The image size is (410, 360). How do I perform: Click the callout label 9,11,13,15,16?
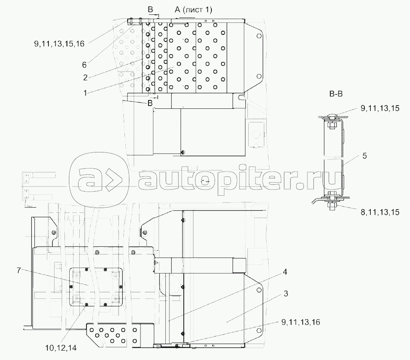click(59, 43)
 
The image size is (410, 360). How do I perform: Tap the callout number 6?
click(84, 65)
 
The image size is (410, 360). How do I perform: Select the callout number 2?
click(85, 78)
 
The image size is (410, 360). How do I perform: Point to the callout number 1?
click(85, 93)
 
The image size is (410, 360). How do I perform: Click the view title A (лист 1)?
click(193, 10)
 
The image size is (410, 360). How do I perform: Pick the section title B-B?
click(336, 94)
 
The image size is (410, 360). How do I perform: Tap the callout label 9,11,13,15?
click(380, 108)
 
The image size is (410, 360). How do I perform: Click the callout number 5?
click(364, 156)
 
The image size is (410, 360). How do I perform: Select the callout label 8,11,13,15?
click(380, 212)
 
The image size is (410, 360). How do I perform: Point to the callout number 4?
click(285, 272)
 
